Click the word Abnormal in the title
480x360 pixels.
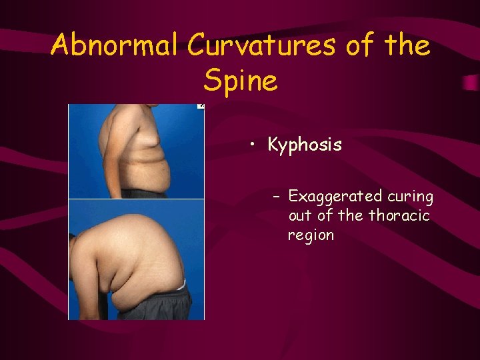pos(115,46)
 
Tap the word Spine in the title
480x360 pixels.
pos(240,81)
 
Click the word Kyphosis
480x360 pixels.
pos(305,145)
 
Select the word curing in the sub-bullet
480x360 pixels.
pos(411,197)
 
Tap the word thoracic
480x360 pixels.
pos(399,216)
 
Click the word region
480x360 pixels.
pos(311,235)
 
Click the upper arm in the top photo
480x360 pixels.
pos(110,147)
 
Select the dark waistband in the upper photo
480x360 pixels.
pos(143,193)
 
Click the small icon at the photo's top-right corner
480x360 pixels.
pos(201,106)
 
